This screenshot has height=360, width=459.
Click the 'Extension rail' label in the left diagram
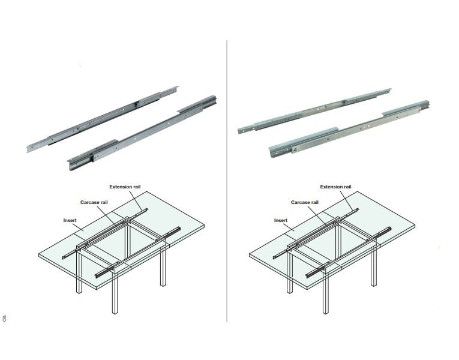coord(125,187)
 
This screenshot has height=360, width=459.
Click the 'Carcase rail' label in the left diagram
coord(94,202)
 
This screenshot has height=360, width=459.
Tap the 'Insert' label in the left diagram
coord(70,220)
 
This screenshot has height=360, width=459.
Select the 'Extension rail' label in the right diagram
coord(336,187)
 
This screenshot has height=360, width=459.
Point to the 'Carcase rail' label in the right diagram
coord(305,202)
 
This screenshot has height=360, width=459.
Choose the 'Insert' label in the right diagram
coord(281,220)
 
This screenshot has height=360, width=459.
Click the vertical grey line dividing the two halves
coord(227,181)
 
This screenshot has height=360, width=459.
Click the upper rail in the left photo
coord(103,119)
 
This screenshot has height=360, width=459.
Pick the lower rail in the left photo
coord(142,133)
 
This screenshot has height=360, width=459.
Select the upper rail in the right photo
coord(314,111)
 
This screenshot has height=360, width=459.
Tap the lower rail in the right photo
coord(349,130)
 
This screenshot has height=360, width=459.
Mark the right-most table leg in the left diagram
coord(163,265)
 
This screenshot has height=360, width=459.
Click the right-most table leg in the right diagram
coord(374,265)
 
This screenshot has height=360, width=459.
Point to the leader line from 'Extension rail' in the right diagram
coord(347,201)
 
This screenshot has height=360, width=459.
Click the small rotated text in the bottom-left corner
coord(4,318)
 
